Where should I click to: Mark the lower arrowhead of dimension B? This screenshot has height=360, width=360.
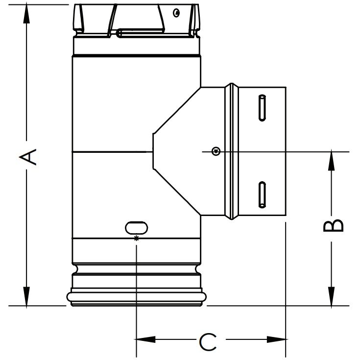pos(332,297)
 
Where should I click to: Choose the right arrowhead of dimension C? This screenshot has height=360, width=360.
pos(277,339)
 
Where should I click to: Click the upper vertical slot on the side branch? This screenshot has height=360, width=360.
pos(263,107)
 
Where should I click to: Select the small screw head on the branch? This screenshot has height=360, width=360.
pos(215,151)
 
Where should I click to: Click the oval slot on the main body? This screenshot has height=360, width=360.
pos(136,227)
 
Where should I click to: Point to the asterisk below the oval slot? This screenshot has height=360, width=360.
pos(136,238)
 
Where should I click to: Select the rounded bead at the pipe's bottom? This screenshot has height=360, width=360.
pos(136,297)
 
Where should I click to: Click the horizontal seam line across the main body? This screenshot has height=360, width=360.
pos(110,152)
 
